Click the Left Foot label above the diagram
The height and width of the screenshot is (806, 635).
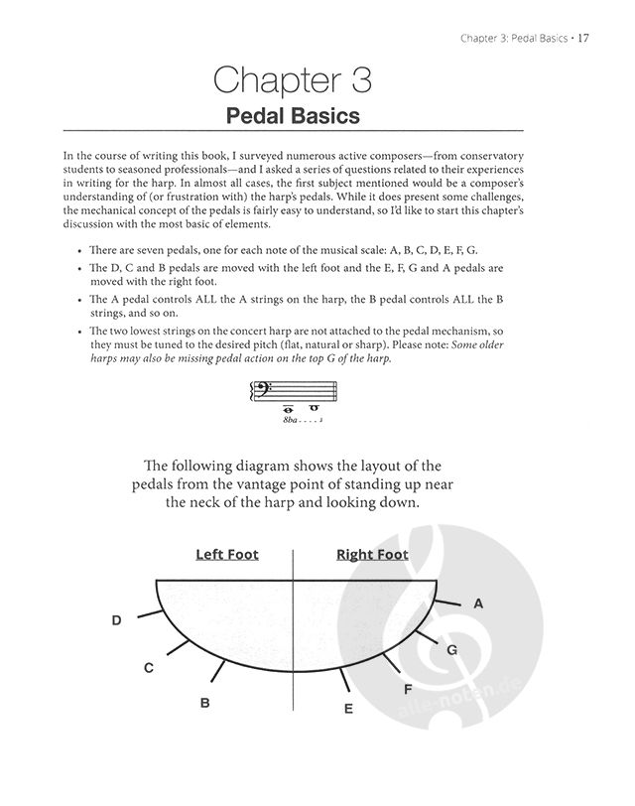click(227, 554)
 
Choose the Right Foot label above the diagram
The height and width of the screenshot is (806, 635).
click(372, 554)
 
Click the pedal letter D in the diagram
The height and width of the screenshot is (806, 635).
click(116, 620)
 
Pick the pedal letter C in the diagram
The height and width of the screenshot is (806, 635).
click(148, 668)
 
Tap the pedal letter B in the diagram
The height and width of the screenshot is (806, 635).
click(204, 703)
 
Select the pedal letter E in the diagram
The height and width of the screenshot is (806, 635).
click(348, 709)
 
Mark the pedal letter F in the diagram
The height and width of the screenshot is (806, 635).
click(407, 688)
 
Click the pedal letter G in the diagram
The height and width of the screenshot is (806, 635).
click(451, 650)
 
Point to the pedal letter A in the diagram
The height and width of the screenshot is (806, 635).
click(477, 603)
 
